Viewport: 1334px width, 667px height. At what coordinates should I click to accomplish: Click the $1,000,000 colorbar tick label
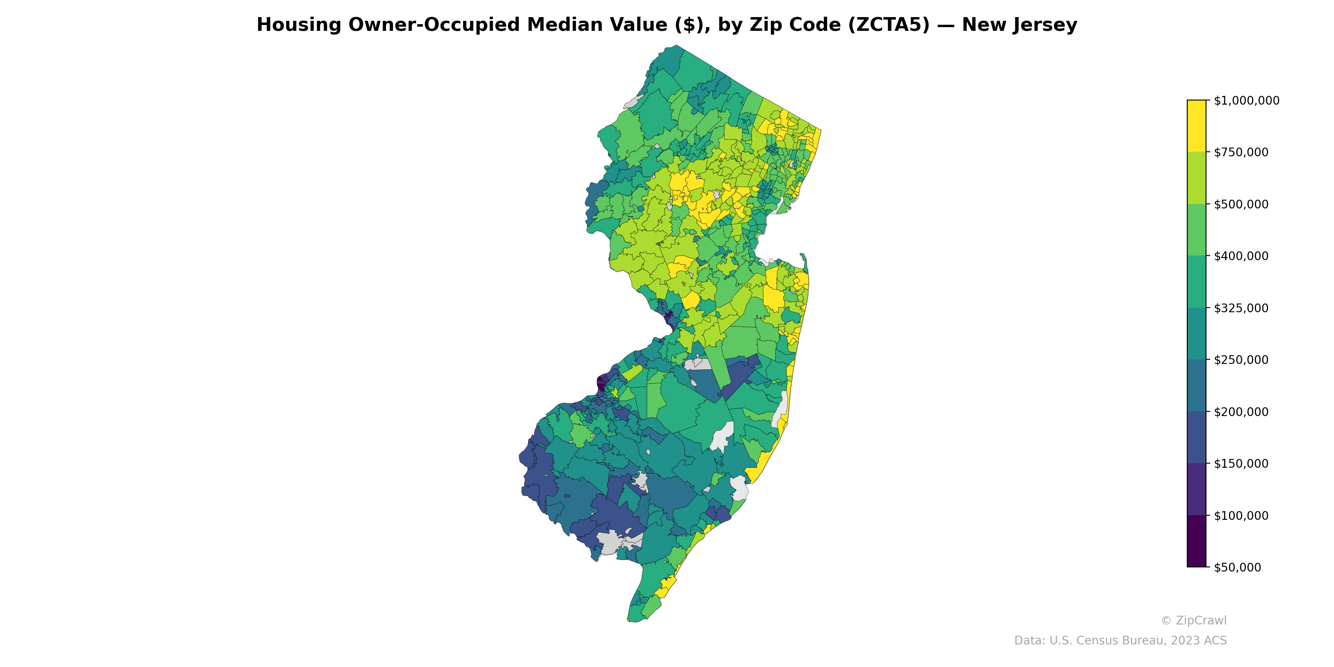[x=1246, y=100]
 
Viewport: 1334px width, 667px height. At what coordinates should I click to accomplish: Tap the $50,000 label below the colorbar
[x=1237, y=567]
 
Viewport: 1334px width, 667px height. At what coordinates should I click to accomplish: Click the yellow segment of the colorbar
[x=1196, y=126]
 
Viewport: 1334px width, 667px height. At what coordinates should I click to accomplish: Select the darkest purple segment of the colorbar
[x=1196, y=541]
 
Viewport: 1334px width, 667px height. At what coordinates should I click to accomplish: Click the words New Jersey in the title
[x=1019, y=25]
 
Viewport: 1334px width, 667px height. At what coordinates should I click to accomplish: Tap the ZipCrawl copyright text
[x=1193, y=620]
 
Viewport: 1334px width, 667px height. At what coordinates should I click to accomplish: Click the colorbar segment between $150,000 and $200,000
[x=1196, y=438]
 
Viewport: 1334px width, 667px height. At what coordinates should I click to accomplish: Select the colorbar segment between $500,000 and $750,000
[x=1196, y=178]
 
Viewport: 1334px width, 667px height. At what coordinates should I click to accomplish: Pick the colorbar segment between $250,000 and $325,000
[x=1196, y=334]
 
